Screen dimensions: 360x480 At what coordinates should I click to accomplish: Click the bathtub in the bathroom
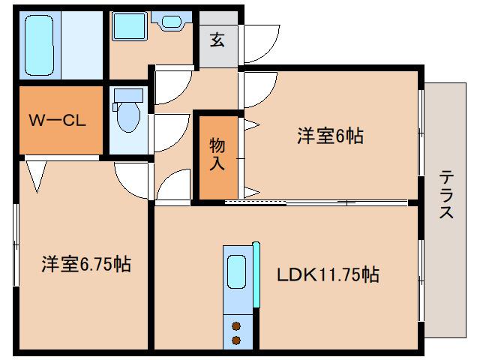(x=40, y=46)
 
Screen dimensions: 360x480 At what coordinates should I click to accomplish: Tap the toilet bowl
(x=130, y=118)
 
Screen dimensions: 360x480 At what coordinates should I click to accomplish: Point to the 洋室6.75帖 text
(x=85, y=264)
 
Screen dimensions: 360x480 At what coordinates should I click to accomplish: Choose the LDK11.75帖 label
(x=328, y=275)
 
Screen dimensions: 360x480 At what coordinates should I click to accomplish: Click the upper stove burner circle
(x=236, y=326)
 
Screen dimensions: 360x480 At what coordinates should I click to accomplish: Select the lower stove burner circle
(x=236, y=340)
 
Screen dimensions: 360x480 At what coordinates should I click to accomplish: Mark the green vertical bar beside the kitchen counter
(x=256, y=274)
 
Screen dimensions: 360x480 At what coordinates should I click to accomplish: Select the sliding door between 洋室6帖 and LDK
(x=315, y=202)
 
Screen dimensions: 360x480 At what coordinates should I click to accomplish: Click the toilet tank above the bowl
(x=130, y=95)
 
